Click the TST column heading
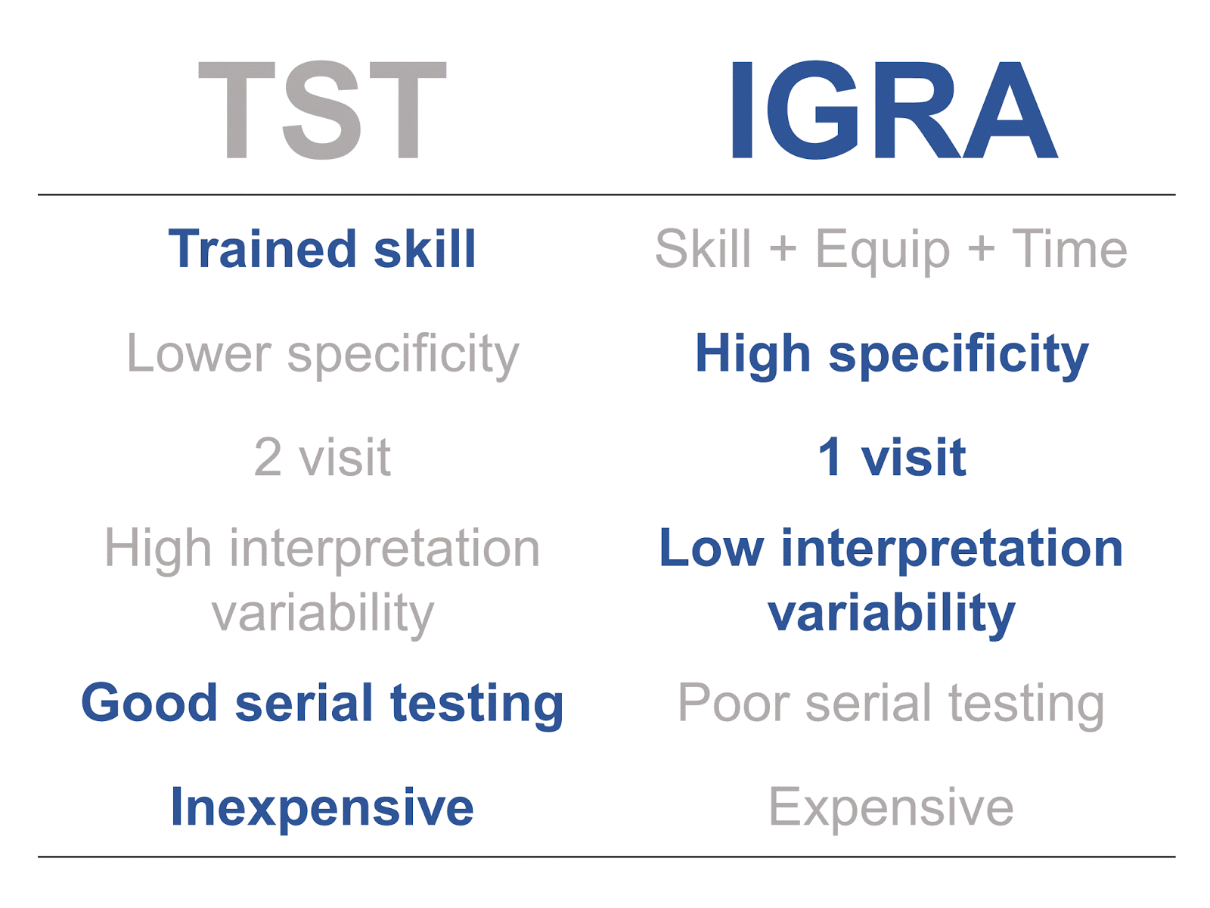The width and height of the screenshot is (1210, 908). (322, 110)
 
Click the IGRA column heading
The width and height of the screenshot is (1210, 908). (894, 110)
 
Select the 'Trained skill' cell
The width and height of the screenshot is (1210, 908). (322, 249)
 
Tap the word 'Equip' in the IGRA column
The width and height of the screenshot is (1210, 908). (883, 251)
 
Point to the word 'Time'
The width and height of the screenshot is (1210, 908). (1069, 249)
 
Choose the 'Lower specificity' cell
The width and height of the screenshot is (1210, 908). (323, 355)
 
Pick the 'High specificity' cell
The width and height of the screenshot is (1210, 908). (892, 355)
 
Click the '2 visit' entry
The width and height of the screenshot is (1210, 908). (322, 456)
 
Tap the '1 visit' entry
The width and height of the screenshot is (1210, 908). (892, 456)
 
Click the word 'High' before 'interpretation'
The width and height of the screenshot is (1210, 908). (158, 550)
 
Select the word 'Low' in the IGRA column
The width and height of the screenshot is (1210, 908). (712, 547)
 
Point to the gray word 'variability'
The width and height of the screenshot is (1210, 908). (323, 614)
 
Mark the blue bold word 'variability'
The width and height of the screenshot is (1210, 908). (892, 614)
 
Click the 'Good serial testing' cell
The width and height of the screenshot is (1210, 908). (322, 704)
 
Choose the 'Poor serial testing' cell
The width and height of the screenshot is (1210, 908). (892, 704)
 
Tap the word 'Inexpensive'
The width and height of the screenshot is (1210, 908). (322, 809)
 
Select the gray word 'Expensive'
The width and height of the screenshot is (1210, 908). (892, 809)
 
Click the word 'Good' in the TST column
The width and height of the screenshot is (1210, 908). (149, 702)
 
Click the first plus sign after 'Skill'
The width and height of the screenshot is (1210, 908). (783, 249)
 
